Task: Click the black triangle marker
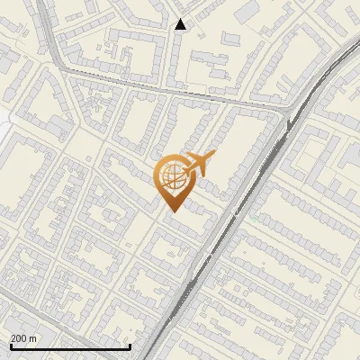coord(181,24)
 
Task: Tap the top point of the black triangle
coord(181,19)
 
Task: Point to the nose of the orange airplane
coord(214,155)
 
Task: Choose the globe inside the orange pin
coord(172,179)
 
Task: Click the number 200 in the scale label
coord(20,338)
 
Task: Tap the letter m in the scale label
coord(33,338)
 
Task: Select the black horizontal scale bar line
coord(70,346)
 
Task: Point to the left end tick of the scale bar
coord(10,345)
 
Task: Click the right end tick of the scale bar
coord(130,345)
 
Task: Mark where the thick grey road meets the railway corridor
coord(291,109)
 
